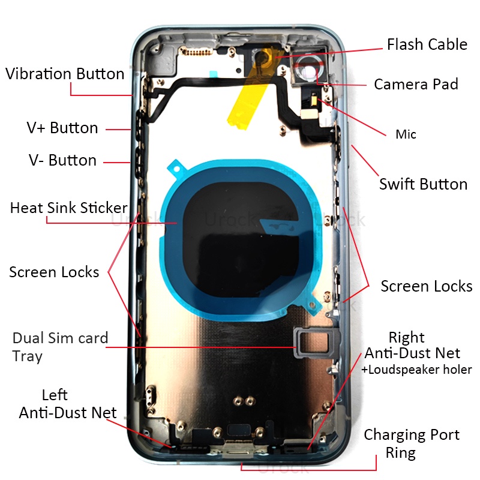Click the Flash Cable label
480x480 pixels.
tap(427, 44)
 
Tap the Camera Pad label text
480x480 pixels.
tap(416, 84)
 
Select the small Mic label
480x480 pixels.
tap(406, 134)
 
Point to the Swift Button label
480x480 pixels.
tap(423, 184)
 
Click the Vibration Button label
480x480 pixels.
tap(65, 74)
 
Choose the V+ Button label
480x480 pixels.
tap(62, 128)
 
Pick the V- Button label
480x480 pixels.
tap(62, 160)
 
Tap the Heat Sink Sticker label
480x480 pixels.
tap(68, 208)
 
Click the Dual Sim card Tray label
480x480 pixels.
tap(59, 347)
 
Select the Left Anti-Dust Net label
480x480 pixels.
tap(67, 404)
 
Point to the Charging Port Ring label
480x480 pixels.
tap(411, 443)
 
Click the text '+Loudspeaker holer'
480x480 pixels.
tap(416, 370)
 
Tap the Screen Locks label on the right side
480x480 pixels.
tap(426, 286)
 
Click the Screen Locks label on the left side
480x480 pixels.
tap(54, 272)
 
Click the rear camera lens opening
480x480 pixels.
tap(306, 72)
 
